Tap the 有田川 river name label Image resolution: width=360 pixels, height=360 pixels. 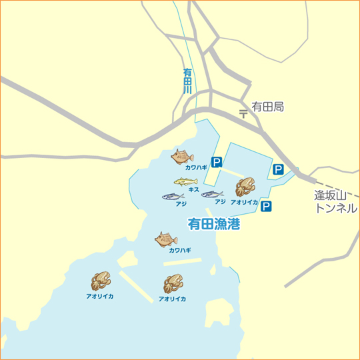pos(187,80)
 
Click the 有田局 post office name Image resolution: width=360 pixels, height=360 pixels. pos(267,107)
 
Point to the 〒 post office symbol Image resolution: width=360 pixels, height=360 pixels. pos(243,113)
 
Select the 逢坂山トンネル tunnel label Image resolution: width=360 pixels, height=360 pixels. pos(335,201)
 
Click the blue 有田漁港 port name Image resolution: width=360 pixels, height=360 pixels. pos(213,224)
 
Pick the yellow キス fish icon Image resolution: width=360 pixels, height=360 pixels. pos(186,181)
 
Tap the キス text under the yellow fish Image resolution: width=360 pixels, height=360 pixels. pos(194,190)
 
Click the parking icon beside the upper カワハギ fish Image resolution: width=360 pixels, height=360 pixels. pos(217,162)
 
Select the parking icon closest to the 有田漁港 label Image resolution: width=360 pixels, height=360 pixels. pos(266,207)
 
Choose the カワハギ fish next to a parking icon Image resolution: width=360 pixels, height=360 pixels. pos(182,157)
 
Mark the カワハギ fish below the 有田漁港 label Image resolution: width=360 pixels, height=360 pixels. pos(166,239)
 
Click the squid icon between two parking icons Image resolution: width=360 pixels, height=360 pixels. pos(245,187)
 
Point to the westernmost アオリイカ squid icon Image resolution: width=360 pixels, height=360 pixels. pos(101,281)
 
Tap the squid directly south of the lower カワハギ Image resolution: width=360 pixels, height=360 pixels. pos(173,285)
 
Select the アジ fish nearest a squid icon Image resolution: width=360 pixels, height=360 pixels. pos(212,195)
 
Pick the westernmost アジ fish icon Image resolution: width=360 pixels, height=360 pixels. pos(173,197)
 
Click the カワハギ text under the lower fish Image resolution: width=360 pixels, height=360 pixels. pos(179,251)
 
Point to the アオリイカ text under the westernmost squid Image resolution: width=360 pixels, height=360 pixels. pos(99,295)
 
